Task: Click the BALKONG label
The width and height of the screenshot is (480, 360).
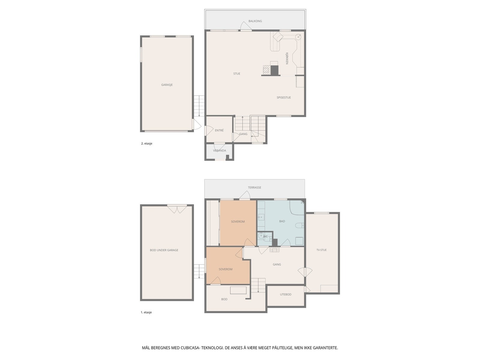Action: (x=255, y=21)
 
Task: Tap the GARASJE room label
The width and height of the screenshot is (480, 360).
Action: (x=167, y=85)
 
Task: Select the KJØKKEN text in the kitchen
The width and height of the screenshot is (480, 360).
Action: (x=287, y=58)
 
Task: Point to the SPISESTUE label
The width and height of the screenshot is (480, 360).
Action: (x=283, y=97)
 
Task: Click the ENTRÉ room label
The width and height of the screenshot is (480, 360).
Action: (x=219, y=130)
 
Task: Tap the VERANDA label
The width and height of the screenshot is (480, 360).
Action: (x=219, y=151)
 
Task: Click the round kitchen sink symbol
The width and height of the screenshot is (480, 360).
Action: (x=298, y=37)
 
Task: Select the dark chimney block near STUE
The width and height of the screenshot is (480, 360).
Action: (x=274, y=70)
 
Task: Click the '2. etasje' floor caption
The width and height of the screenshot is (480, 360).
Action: (x=147, y=143)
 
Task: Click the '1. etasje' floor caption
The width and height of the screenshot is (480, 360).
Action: (x=146, y=312)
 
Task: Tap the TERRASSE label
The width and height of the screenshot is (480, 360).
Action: (x=254, y=187)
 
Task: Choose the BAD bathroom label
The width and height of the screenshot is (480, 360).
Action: (x=282, y=221)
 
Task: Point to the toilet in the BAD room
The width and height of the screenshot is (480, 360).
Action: (x=299, y=226)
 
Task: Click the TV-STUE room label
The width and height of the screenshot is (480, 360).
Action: (x=321, y=250)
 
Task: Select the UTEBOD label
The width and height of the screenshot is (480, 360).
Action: (x=286, y=295)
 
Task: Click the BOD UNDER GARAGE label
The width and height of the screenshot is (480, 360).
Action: (x=164, y=250)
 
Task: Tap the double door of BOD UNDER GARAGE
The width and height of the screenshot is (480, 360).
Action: (x=177, y=209)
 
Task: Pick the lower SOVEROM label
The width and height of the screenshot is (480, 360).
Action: (x=225, y=269)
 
